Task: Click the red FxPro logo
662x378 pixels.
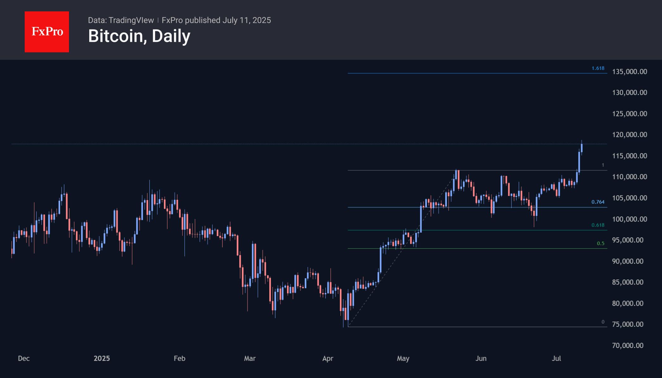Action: (47, 32)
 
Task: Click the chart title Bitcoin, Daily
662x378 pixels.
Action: (139, 36)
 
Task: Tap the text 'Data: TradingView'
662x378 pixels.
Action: (121, 20)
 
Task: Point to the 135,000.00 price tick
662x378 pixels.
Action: (629, 72)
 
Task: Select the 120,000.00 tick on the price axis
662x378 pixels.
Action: (629, 135)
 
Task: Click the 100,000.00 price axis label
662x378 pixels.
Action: (629, 219)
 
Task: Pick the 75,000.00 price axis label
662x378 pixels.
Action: (628, 324)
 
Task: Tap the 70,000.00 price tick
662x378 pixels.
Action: (628, 345)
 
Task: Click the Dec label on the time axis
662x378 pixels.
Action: (24, 358)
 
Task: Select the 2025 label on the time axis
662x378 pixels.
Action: (102, 358)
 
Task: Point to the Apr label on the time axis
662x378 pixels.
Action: (328, 358)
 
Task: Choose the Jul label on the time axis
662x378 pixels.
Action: (556, 358)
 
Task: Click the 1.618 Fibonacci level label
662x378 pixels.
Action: (598, 68)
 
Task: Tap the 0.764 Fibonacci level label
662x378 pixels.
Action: (598, 202)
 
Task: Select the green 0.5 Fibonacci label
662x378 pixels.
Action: (600, 243)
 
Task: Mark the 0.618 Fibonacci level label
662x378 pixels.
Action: (598, 225)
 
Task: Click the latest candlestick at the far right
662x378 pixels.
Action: (582, 148)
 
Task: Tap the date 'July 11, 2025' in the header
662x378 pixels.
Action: (247, 20)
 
